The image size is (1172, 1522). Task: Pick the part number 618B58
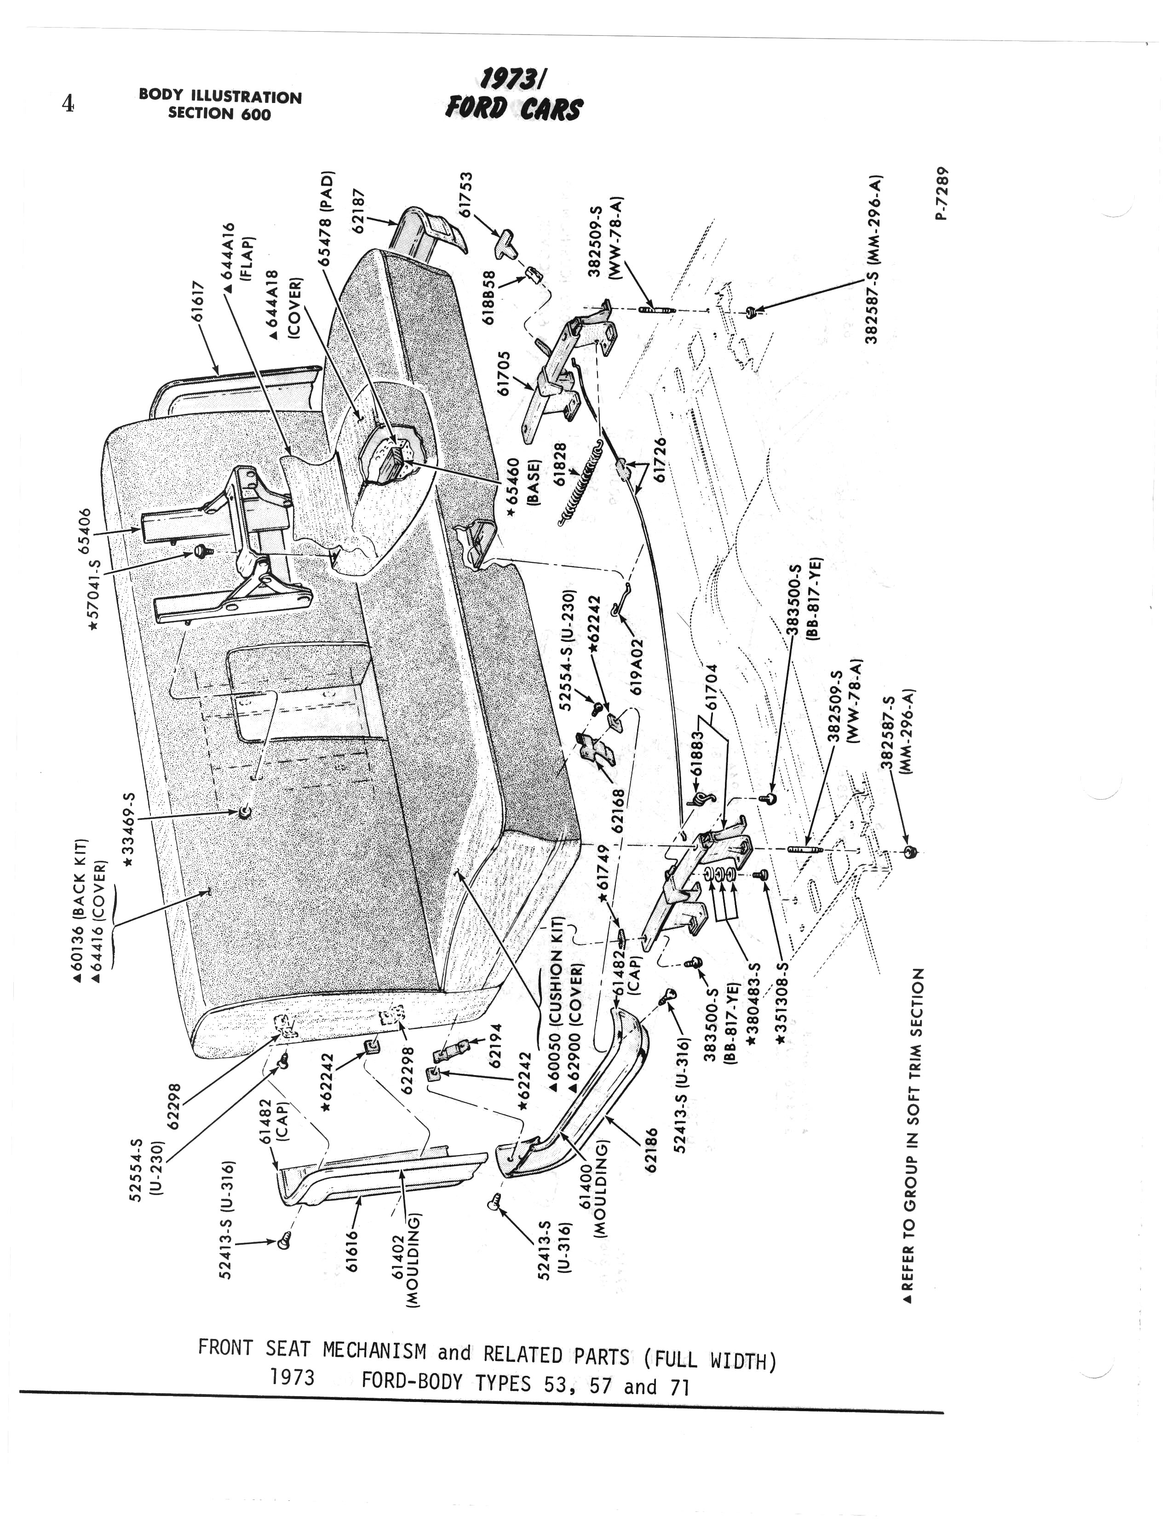(x=489, y=298)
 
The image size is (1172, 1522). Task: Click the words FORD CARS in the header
(x=514, y=109)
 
